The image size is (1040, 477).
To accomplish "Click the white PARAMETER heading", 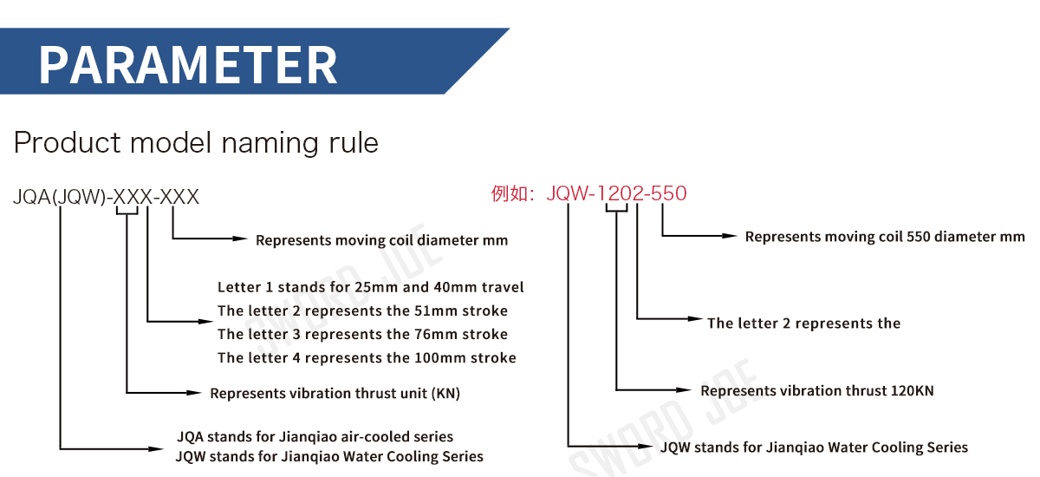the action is click(x=188, y=65).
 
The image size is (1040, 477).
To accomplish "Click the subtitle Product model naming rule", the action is click(x=196, y=142).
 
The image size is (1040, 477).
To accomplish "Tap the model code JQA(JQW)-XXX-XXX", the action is click(x=106, y=197).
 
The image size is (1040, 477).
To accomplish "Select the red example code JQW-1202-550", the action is click(x=616, y=193).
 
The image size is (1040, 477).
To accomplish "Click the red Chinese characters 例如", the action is click(x=510, y=193).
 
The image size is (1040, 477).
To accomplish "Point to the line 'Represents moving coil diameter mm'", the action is click(x=381, y=240).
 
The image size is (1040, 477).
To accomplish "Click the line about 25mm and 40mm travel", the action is click(x=371, y=287).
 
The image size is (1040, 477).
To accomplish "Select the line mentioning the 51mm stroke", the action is click(x=362, y=310).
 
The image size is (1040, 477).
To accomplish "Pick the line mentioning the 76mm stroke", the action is click(x=362, y=335).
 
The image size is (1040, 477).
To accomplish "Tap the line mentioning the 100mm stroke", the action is click(x=367, y=358).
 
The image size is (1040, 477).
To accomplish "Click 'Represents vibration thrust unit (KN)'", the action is click(x=335, y=394).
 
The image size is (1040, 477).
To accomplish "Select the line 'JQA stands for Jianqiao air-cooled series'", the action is click(x=315, y=436).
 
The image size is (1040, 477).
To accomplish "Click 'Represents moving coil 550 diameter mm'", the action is click(x=885, y=237).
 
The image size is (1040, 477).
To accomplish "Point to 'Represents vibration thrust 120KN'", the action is click(x=817, y=391).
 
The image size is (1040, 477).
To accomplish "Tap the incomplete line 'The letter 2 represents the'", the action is click(x=803, y=323).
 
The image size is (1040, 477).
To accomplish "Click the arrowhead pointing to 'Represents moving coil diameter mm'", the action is click(x=239, y=238).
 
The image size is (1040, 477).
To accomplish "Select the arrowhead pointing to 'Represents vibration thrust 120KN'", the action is click(x=684, y=390).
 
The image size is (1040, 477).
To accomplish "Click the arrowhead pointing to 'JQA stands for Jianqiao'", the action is click(x=155, y=449).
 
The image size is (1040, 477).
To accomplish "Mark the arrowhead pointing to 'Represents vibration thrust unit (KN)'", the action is click(x=193, y=393).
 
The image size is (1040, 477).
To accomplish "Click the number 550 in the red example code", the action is click(x=668, y=193).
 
